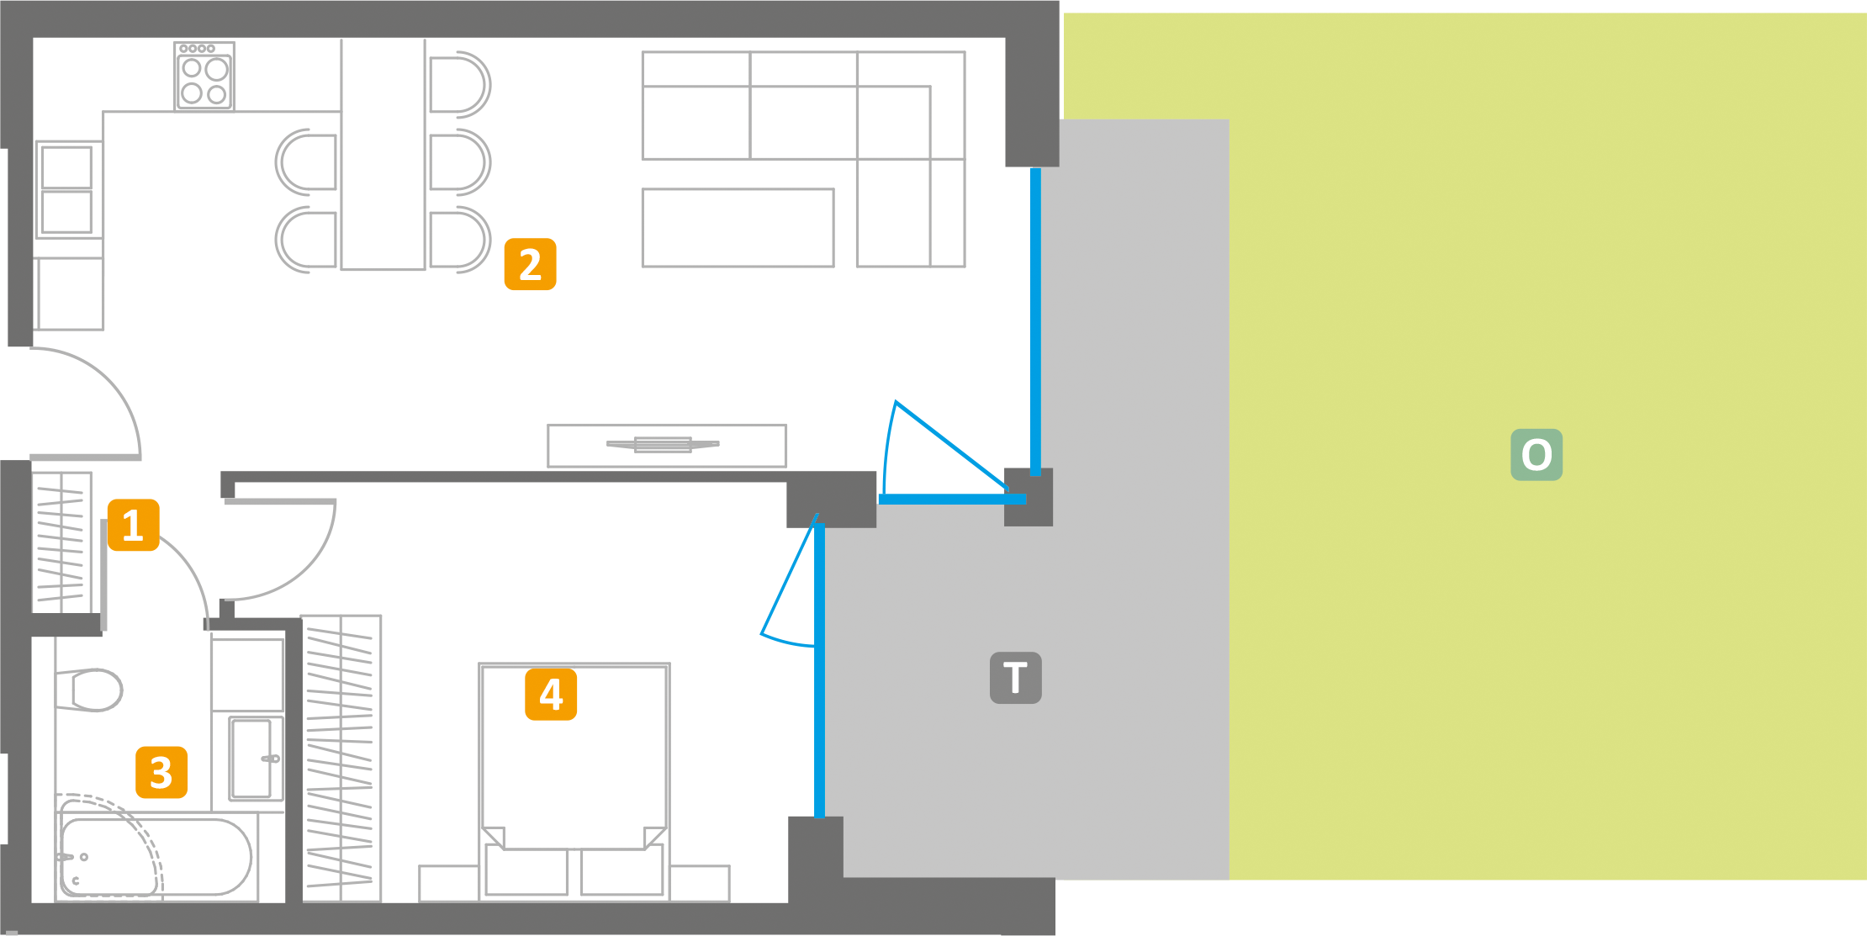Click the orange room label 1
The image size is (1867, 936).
pyautogui.click(x=134, y=525)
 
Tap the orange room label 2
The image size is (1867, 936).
pyautogui.click(x=530, y=264)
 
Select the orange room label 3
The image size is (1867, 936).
pyautogui.click(x=161, y=772)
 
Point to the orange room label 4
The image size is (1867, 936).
pyautogui.click(x=551, y=695)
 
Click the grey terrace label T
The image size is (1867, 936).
pyautogui.click(x=1016, y=678)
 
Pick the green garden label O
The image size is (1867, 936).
pyautogui.click(x=1536, y=455)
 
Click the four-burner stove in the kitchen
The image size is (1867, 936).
pyautogui.click(x=204, y=77)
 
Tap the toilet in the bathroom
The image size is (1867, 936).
pyautogui.click(x=89, y=690)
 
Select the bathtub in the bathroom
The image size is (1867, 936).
pyautogui.click(x=156, y=857)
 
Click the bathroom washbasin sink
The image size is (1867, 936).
pyautogui.click(x=256, y=759)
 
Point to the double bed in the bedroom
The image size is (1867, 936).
pyautogui.click(x=574, y=782)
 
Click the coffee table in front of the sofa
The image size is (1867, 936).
pyautogui.click(x=738, y=228)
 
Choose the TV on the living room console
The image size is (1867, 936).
pyautogui.click(x=664, y=444)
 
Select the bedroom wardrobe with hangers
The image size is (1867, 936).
pyautogui.click(x=341, y=759)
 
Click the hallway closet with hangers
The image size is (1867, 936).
pyautogui.click(x=61, y=542)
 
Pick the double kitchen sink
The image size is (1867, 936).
pyautogui.click(x=67, y=190)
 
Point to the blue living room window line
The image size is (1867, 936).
pyautogui.click(x=1036, y=322)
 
